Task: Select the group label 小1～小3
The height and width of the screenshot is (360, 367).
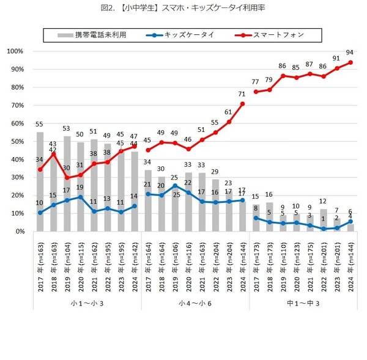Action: point(87,303)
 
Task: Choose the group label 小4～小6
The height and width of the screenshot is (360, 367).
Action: point(195,303)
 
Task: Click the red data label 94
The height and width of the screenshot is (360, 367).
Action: point(350,53)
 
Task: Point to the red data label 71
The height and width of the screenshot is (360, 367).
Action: point(243,94)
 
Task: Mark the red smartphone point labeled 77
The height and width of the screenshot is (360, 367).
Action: point(257,92)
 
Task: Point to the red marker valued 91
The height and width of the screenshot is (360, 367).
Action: point(337,68)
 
